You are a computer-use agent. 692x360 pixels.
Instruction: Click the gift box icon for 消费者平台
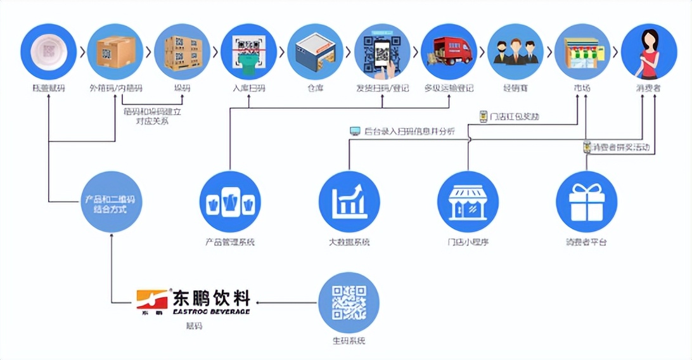(x=586, y=202)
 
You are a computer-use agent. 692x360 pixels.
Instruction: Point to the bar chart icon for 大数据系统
(x=349, y=202)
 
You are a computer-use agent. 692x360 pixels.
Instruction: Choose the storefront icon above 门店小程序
(x=468, y=202)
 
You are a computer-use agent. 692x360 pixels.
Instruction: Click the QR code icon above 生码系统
(x=349, y=302)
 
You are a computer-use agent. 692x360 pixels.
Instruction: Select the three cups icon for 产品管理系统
(x=230, y=202)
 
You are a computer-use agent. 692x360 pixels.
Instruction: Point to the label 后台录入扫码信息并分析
(x=409, y=131)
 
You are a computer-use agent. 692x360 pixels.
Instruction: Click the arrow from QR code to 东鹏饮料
(x=285, y=302)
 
